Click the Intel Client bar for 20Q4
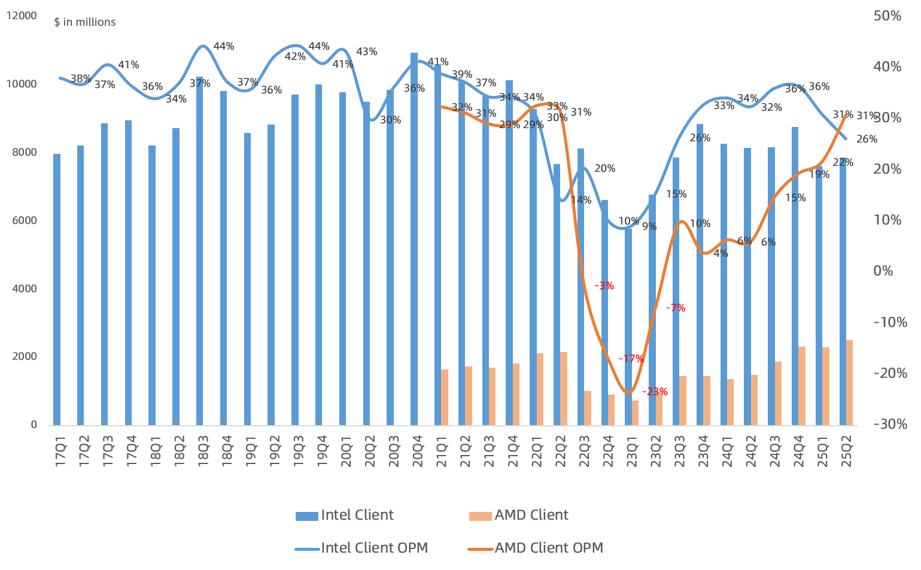(x=414, y=239)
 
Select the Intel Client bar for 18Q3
(x=200, y=251)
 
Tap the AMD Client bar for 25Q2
(x=849, y=383)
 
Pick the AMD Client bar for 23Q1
(x=635, y=413)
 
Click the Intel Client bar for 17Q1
(x=57, y=290)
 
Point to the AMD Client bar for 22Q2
(x=564, y=389)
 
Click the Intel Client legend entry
(x=345, y=516)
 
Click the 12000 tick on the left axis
(x=22, y=16)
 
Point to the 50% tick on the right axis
(x=887, y=16)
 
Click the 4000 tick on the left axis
(x=25, y=289)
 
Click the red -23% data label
(x=655, y=392)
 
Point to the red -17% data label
(x=631, y=359)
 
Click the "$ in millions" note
(x=84, y=22)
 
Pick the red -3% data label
(x=604, y=286)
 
